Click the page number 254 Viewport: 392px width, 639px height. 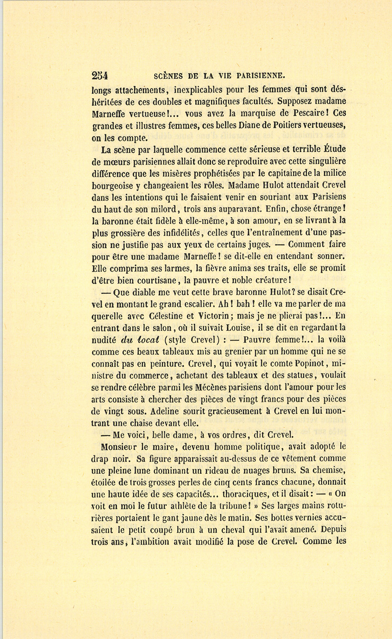[100, 76]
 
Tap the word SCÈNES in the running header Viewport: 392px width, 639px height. [168, 76]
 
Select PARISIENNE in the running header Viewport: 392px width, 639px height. [260, 76]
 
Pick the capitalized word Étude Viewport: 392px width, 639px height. [335, 149]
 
